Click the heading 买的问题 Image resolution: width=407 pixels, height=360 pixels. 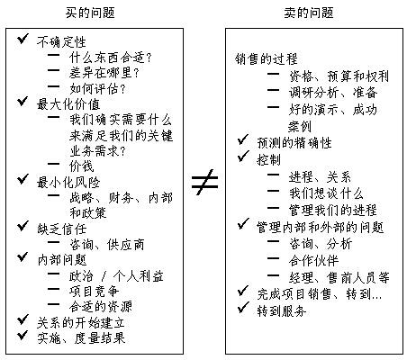click(90, 13)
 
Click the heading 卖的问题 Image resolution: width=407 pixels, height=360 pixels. click(309, 13)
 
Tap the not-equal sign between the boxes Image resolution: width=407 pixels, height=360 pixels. click(204, 182)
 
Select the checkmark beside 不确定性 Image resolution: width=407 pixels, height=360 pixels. click(23, 39)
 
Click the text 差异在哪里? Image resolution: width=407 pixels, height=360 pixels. click(104, 73)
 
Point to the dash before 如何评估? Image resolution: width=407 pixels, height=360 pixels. click(53, 87)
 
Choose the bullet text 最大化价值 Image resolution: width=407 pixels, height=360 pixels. click(68, 104)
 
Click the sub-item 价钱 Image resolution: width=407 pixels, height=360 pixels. click(82, 166)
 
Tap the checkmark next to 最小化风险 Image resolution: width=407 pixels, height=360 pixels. click(23, 179)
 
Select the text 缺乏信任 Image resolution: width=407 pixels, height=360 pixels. click(62, 229)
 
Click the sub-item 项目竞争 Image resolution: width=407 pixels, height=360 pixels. click(95, 292)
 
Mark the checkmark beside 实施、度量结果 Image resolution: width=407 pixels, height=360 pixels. click(23, 335)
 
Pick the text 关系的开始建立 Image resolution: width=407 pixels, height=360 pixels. click(81, 323)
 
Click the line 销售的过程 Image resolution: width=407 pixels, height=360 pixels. click(267, 59)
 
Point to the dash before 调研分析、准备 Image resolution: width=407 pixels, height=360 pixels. click(273, 90)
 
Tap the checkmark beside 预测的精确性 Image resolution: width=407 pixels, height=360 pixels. click(243, 139)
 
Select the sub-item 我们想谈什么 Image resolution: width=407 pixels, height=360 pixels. click(326, 193)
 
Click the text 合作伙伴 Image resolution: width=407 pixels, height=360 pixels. click(313, 261)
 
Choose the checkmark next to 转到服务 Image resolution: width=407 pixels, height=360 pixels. click(243, 308)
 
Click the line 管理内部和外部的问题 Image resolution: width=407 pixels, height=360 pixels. click(321, 228)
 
